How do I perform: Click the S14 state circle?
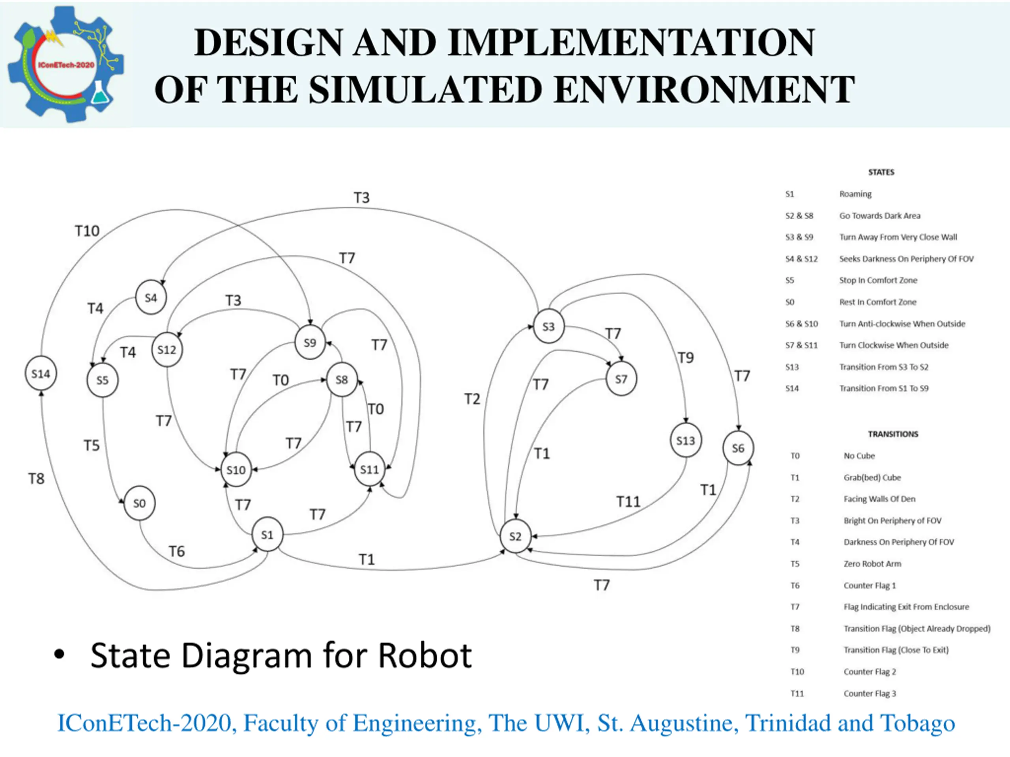[41, 374]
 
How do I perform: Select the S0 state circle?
[139, 503]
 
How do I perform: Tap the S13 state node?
[685, 440]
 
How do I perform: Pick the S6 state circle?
[738, 448]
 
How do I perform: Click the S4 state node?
[151, 298]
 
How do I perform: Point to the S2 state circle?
[515, 536]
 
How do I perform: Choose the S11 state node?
[369, 470]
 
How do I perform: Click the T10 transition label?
[87, 231]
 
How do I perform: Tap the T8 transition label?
[37, 479]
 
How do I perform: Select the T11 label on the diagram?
[628, 502]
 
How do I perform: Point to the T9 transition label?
[685, 358]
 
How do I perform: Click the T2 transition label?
[472, 399]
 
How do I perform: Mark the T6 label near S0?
[177, 552]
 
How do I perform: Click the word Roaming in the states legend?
[855, 194]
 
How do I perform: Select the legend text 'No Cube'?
[859, 456]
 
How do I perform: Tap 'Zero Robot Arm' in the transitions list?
[872, 563]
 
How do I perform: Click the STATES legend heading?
[881, 172]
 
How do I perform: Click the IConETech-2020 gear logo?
[65, 65]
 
